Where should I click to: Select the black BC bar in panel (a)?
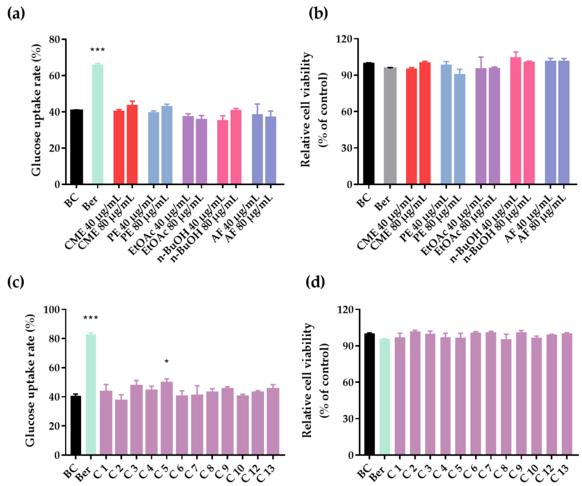76,147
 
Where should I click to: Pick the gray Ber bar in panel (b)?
390,126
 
